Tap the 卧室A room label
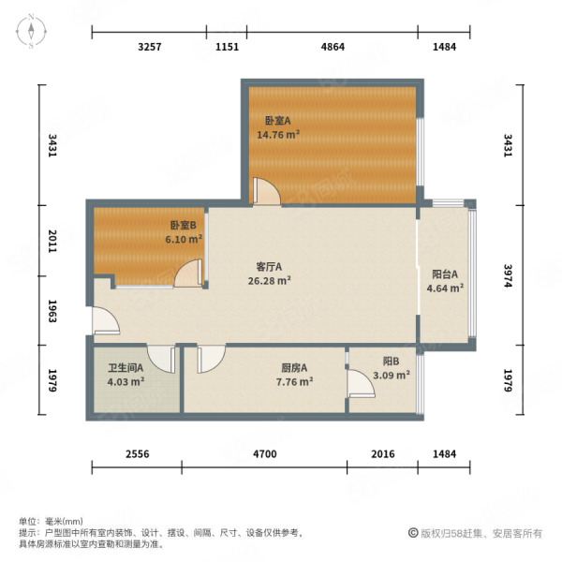pyautogui.click(x=277, y=121)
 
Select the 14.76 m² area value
pyautogui.click(x=278, y=134)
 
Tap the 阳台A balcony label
pyautogui.click(x=445, y=274)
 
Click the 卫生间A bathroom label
pyautogui.click(x=125, y=368)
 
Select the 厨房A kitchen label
pyautogui.click(x=293, y=368)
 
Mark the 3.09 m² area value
pyautogui.click(x=392, y=376)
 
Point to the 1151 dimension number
pyautogui.click(x=227, y=47)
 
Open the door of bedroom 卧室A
pyautogui.click(x=266, y=192)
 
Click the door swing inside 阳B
pyautogui.click(x=360, y=384)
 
